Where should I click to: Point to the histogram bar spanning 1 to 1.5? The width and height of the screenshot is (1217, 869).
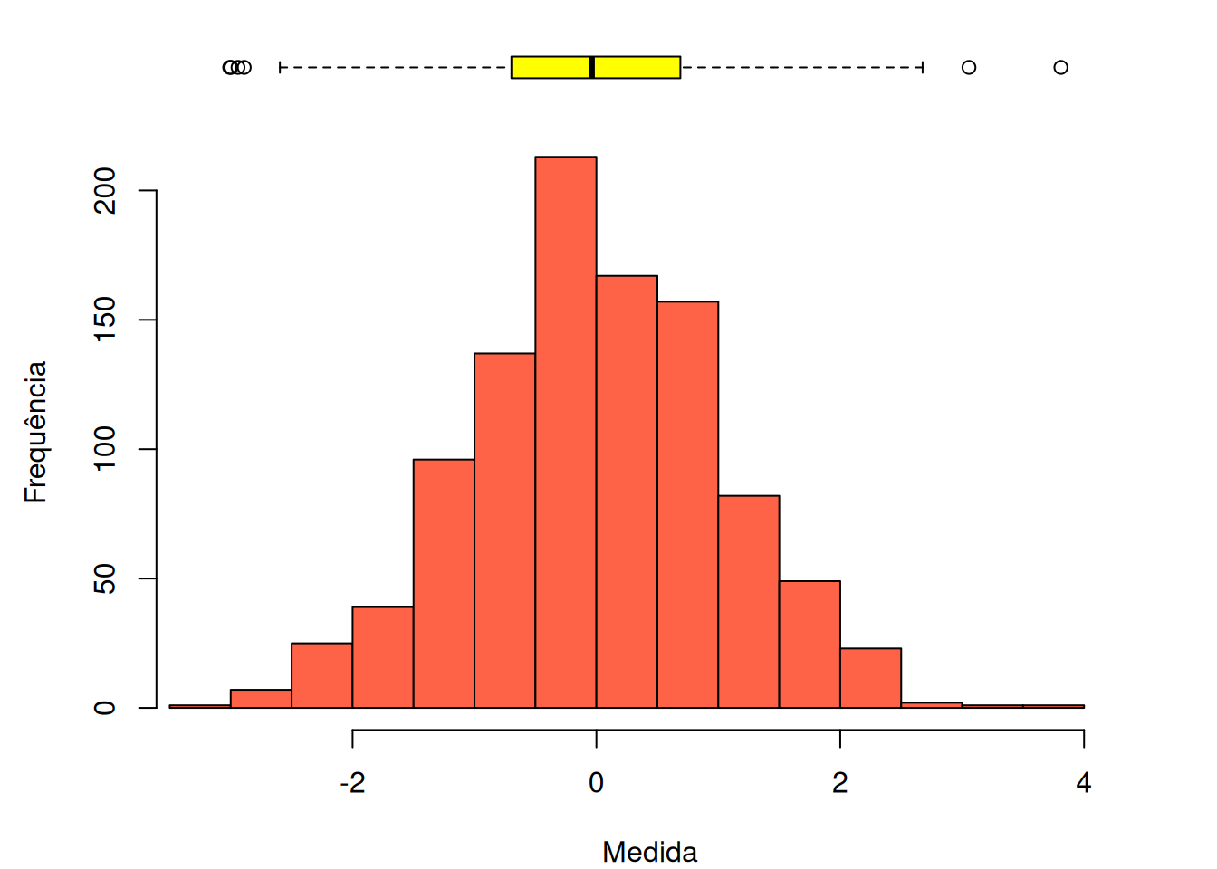point(749,601)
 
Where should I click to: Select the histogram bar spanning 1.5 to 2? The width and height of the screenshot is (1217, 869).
point(810,645)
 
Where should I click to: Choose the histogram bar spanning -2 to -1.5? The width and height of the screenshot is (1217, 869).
point(383,657)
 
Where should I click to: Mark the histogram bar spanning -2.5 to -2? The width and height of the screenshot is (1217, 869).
point(321,675)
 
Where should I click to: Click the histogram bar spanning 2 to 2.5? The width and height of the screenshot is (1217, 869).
point(870,678)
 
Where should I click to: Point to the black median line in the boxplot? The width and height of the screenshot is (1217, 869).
point(592,67)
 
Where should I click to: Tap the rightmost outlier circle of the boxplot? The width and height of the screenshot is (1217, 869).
point(1060,67)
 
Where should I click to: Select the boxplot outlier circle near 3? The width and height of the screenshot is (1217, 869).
point(969,67)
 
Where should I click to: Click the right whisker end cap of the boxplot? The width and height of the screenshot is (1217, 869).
point(922,67)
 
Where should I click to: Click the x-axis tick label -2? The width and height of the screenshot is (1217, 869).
point(352,783)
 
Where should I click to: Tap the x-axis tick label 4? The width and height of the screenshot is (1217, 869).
point(1084,783)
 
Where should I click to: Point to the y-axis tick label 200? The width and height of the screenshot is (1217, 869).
point(105,190)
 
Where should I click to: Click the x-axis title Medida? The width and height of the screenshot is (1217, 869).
point(649,852)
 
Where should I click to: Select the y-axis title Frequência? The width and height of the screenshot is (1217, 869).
point(35,432)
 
